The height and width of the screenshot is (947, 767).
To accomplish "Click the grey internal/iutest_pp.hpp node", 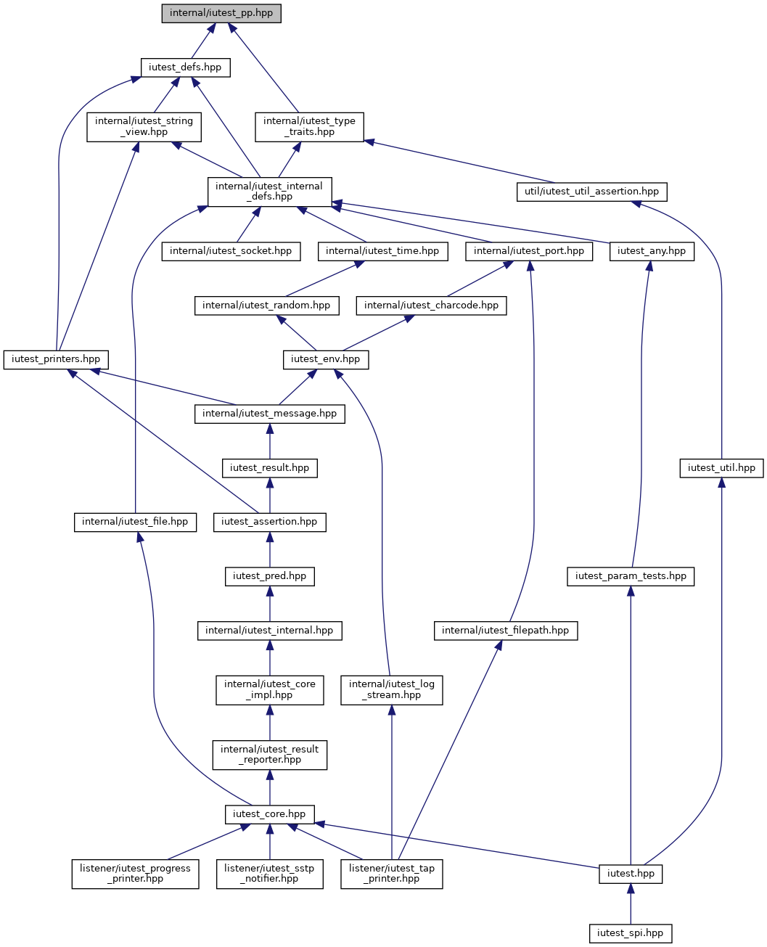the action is pos(221,13).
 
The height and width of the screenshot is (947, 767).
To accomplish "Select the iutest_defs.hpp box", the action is pos(185,67).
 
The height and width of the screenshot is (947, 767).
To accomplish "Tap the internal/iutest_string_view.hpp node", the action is pos(144,127).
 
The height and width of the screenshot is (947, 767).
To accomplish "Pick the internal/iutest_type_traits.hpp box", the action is pos(309,127).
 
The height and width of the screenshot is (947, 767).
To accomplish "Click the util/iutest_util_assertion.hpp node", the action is pos(591,192).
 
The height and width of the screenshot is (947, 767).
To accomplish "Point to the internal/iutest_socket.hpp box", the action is pos(231,252).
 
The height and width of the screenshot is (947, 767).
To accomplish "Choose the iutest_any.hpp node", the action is pos(652,252).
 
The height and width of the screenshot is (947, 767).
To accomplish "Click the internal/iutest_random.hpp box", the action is pos(266,306).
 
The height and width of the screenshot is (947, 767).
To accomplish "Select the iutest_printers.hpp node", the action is pos(56,360).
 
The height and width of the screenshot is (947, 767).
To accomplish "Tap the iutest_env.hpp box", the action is pos(326,360).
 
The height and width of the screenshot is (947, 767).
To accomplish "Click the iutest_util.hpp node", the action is pos(721,469).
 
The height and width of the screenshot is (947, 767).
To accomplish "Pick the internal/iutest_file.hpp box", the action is pos(135,522).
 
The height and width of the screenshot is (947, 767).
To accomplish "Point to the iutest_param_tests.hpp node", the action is pos(630,577).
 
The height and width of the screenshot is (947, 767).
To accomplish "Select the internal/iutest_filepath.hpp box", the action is pos(505,631).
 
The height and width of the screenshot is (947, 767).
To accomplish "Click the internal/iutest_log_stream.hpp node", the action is pos(391,690).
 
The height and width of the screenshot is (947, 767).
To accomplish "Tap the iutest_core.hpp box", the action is pos(269,814).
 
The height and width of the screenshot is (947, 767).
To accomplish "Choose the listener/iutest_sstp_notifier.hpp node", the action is pos(269,874).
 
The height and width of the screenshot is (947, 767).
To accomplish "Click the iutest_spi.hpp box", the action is pos(630,933).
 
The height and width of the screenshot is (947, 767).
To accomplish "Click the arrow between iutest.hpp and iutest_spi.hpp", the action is pos(630,904).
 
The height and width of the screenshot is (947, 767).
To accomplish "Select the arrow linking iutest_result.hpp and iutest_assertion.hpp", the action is pos(269,496).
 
